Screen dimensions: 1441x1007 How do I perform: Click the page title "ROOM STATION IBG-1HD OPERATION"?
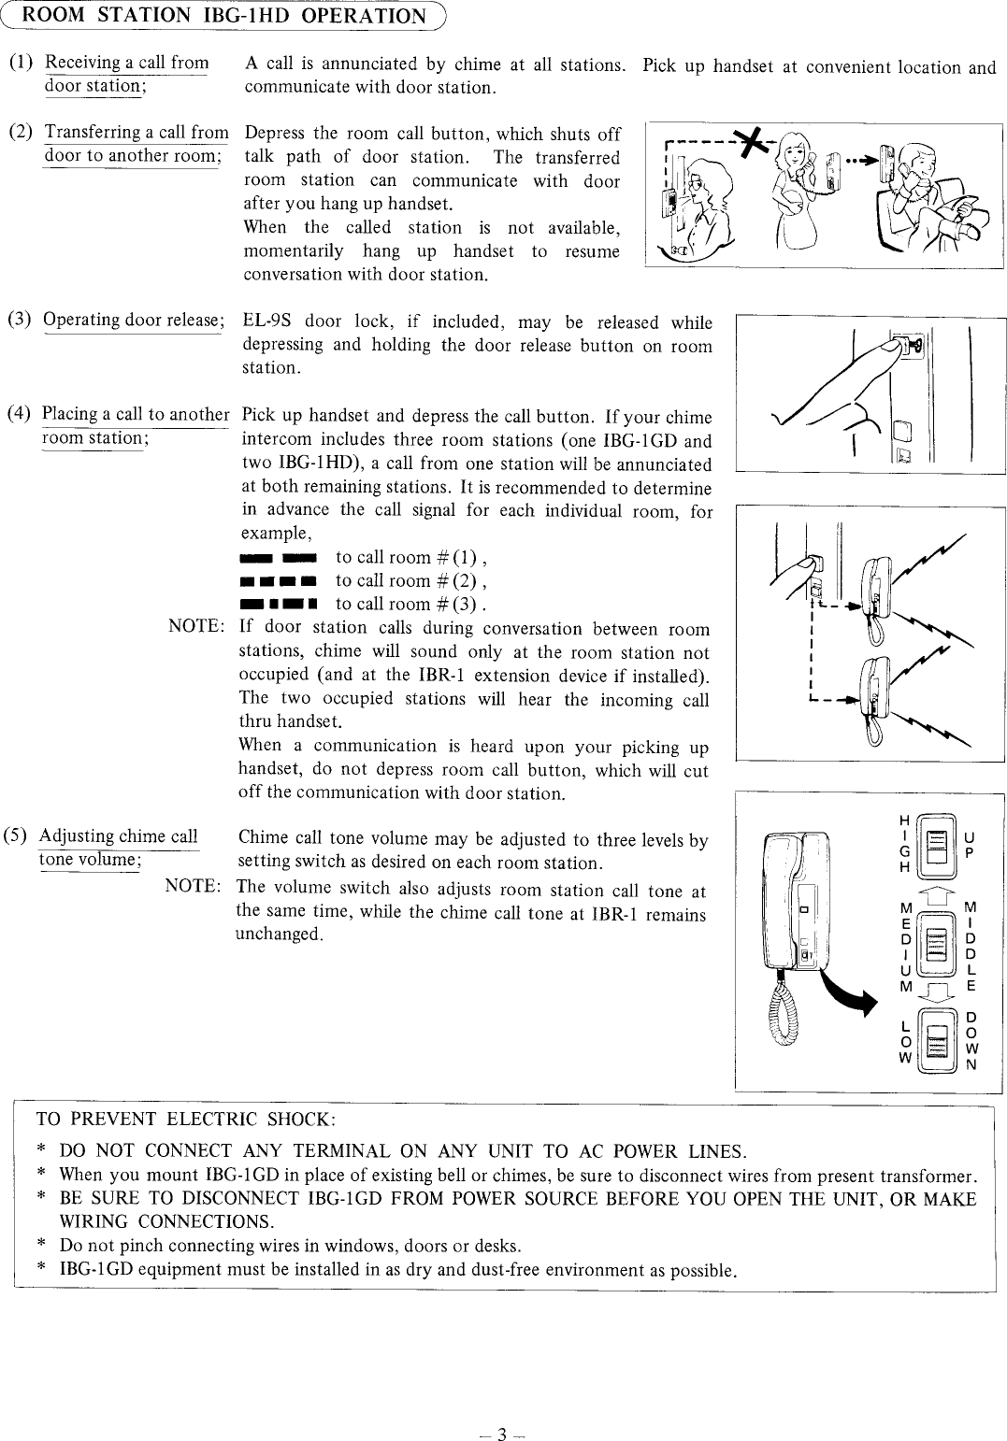click(x=223, y=16)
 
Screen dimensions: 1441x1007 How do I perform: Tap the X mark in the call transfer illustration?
click(x=748, y=142)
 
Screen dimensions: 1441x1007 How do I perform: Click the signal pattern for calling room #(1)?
click(x=278, y=558)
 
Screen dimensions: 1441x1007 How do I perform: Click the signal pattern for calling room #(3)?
click(x=278, y=604)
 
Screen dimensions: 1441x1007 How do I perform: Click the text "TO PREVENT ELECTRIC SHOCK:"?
click(x=185, y=1120)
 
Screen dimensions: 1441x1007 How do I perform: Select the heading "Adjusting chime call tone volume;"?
click(x=118, y=848)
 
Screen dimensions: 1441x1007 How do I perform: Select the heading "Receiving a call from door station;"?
click(x=126, y=75)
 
